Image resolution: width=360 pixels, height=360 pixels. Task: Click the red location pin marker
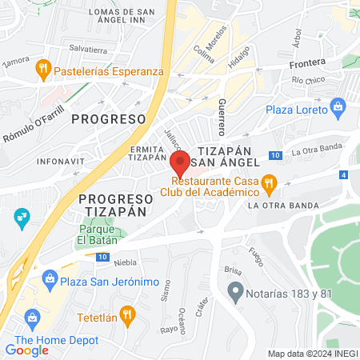click(181, 163)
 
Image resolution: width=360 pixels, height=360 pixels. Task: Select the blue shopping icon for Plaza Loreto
click(338, 106)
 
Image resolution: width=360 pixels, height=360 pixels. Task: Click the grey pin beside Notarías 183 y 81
click(234, 290)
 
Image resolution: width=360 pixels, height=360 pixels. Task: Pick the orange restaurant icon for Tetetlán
click(125, 314)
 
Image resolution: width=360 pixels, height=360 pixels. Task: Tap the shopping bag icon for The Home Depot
click(32, 317)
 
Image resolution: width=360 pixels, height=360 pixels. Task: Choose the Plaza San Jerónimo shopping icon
click(50, 279)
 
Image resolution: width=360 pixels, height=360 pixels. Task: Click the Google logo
click(26, 350)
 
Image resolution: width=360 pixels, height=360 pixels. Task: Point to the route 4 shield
click(344, 174)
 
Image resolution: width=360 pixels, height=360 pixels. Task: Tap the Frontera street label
click(309, 62)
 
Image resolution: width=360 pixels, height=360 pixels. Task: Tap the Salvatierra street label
click(88, 50)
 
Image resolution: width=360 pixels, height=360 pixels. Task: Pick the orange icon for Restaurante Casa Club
click(270, 183)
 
